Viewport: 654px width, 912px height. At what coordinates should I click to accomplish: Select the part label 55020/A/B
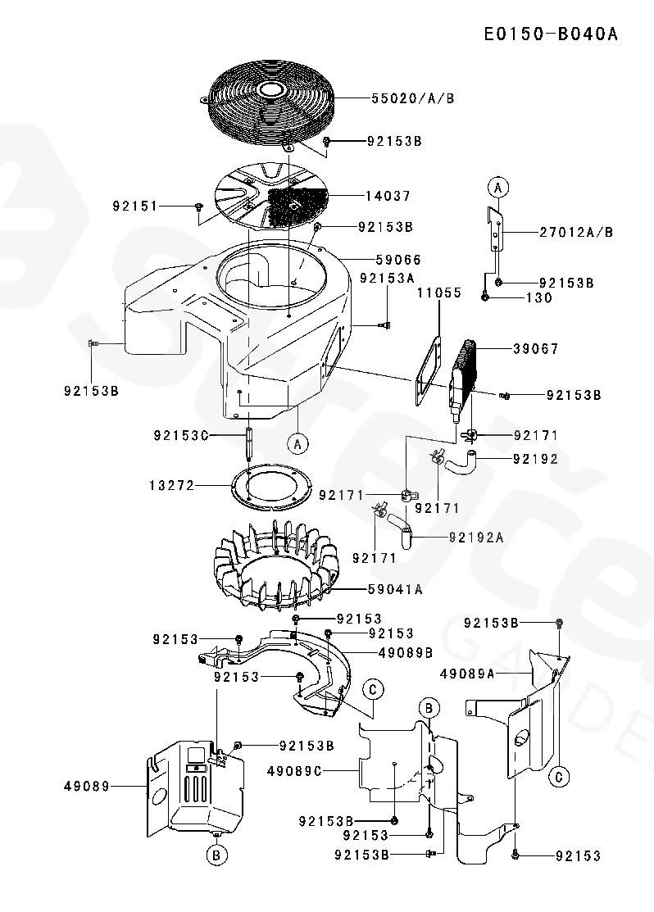(412, 98)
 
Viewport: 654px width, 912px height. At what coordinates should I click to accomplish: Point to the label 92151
(135, 206)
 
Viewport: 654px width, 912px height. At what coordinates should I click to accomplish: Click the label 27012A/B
(576, 232)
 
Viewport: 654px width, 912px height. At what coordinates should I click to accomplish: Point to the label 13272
(171, 485)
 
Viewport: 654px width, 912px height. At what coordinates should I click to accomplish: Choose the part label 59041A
(395, 588)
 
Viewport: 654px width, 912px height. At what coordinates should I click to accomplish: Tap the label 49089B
(406, 653)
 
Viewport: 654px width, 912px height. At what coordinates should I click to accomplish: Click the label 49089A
(467, 674)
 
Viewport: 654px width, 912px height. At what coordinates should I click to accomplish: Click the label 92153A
(387, 278)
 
